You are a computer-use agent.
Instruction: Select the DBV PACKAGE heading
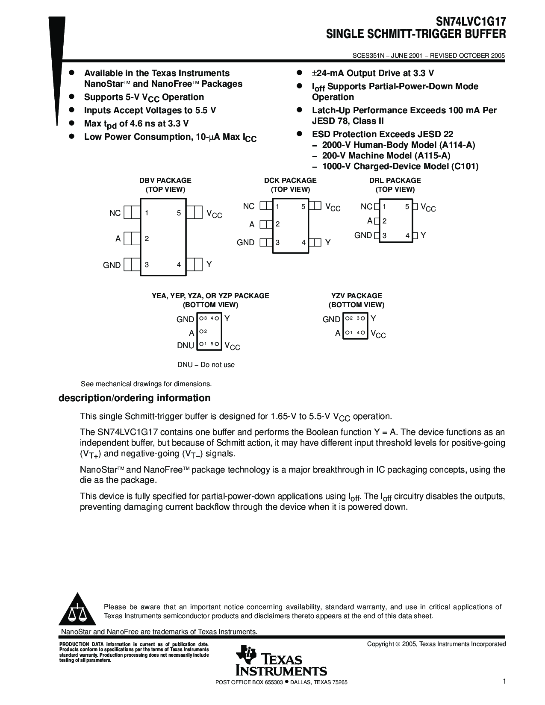click(165, 180)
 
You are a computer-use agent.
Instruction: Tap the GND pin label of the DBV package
click(112, 265)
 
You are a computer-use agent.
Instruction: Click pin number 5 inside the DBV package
click(179, 213)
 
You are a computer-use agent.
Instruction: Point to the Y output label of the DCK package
click(328, 242)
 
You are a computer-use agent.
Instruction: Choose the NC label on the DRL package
click(366, 207)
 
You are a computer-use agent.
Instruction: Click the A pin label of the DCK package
click(252, 224)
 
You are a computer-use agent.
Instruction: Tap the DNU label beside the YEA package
click(186, 345)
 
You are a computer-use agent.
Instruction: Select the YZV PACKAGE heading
click(356, 296)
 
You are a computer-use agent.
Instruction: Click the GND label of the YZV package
click(331, 319)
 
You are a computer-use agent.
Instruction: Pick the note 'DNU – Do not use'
click(206, 364)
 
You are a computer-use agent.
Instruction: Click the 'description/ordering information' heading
click(134, 398)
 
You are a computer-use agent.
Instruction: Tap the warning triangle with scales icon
click(77, 610)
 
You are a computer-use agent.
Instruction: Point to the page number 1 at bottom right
click(504, 681)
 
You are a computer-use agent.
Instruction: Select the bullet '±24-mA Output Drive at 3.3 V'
click(373, 73)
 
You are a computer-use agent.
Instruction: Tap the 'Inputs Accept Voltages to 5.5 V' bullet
click(150, 110)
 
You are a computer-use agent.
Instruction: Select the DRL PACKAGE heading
click(395, 180)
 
